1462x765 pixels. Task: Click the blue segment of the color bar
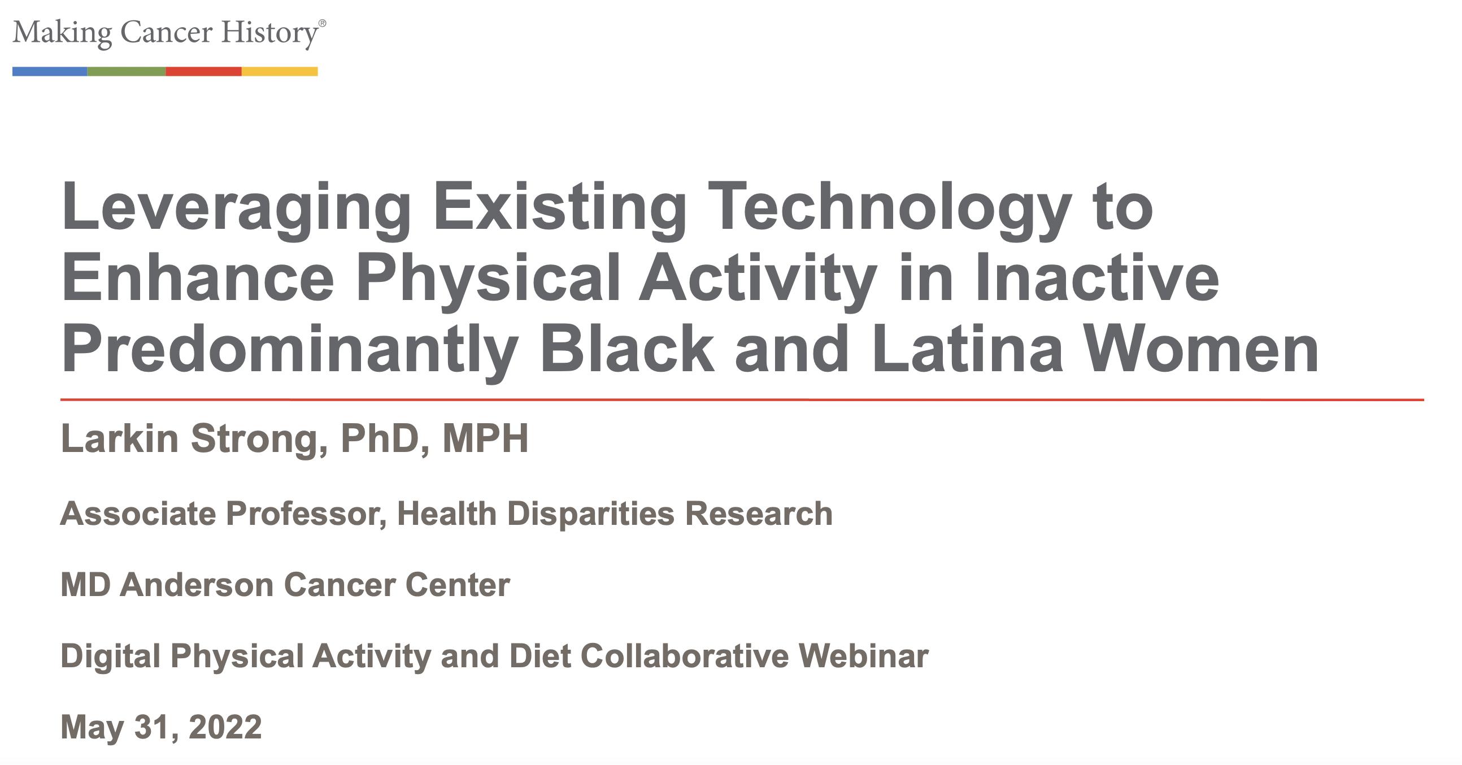click(x=50, y=72)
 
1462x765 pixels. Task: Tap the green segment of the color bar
click(x=127, y=72)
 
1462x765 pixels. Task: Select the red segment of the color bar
click(x=204, y=72)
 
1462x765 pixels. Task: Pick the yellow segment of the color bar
click(x=280, y=72)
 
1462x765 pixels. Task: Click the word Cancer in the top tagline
click(x=167, y=32)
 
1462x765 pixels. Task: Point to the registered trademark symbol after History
click(x=323, y=23)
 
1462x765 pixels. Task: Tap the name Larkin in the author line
click(x=120, y=438)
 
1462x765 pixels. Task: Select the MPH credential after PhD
click(x=485, y=438)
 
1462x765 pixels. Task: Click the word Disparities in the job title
click(x=591, y=514)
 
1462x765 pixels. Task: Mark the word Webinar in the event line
click(x=864, y=656)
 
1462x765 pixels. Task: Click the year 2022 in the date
click(x=225, y=727)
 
